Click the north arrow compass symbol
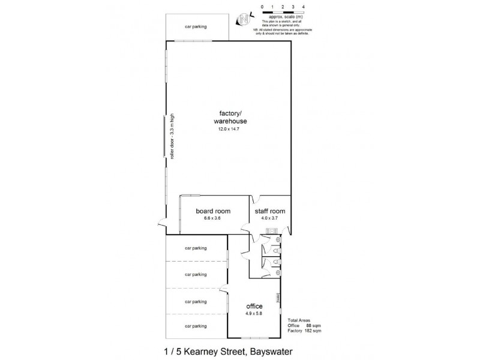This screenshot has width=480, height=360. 244,19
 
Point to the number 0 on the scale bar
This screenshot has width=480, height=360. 262,5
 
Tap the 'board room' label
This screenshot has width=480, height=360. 213,211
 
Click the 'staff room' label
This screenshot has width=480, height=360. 269,211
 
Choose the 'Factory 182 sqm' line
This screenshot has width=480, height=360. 304,331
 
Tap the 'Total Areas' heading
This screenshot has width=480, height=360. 300,320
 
